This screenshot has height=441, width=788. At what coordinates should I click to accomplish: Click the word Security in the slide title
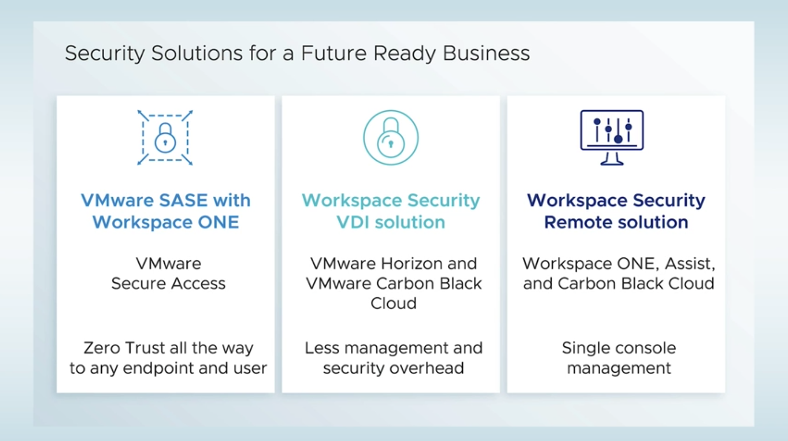click(105, 54)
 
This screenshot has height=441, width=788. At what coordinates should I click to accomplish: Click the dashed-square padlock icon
click(165, 138)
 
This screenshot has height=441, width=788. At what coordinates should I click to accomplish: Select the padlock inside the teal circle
click(391, 138)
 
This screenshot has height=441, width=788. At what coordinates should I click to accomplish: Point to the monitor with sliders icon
click(612, 131)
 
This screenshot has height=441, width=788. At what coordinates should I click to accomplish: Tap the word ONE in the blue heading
click(218, 222)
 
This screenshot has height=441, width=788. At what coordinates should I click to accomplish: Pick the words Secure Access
click(168, 283)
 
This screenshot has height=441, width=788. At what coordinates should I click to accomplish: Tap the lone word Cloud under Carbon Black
click(393, 303)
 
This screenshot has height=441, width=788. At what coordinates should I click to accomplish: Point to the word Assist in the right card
click(690, 264)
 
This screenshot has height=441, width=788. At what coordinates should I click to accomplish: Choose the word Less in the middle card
click(322, 348)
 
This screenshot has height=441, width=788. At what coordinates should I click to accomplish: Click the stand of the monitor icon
click(612, 159)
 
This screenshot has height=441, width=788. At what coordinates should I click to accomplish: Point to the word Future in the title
click(333, 54)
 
